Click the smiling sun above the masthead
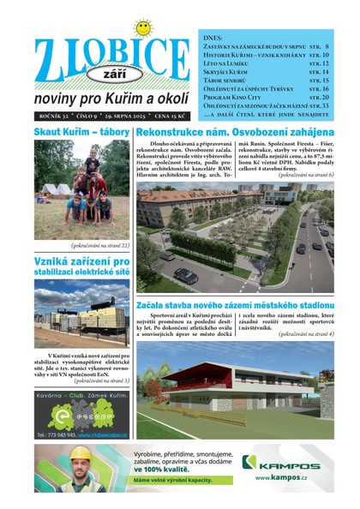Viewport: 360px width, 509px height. [143, 27]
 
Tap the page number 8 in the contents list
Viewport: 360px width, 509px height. [327, 47]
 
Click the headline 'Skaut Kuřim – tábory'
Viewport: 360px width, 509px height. [81, 132]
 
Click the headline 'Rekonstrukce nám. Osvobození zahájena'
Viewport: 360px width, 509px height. [235, 132]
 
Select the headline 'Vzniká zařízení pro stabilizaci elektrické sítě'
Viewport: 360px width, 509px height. [81, 266]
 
